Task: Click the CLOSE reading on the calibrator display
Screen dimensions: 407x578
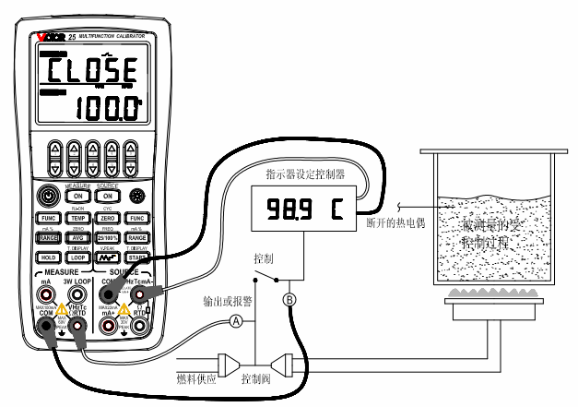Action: [x=91, y=69]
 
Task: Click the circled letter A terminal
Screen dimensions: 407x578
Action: [x=236, y=321]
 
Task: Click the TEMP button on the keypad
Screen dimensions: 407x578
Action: [x=79, y=218]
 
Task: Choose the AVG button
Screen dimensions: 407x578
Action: [x=79, y=238]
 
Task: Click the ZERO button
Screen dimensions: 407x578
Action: [x=109, y=218]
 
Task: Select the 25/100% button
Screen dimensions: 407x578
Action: [x=109, y=238]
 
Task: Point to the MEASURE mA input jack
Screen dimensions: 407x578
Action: [x=47, y=294]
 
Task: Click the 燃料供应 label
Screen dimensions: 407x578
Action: [x=195, y=378]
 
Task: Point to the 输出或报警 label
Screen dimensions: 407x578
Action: [x=226, y=302]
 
